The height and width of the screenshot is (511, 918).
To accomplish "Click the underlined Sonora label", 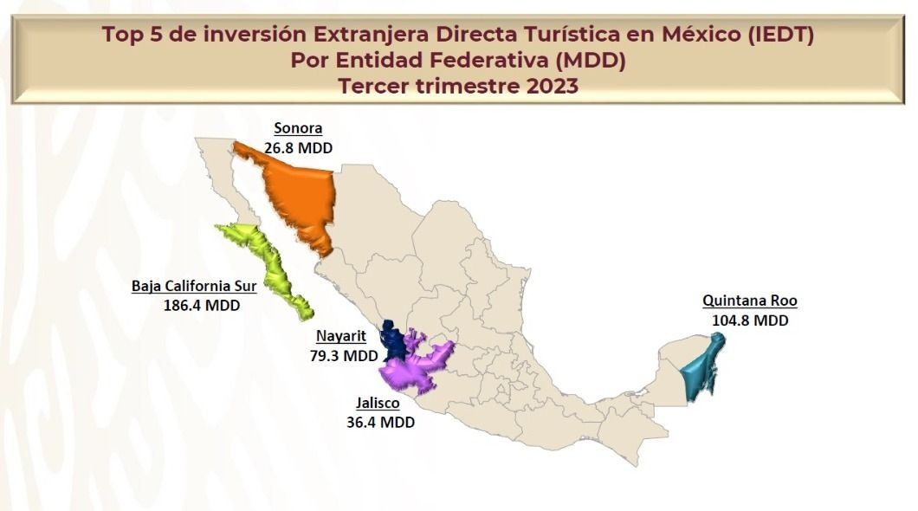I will coord(298,128).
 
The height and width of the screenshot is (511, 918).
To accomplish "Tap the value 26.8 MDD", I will coord(298,148).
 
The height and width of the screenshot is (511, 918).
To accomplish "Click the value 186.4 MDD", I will coord(201,305).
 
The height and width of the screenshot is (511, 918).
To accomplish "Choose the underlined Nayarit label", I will coord(340,336).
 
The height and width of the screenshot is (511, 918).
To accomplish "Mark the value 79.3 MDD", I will coord(344,355).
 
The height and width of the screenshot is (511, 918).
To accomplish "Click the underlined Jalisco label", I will coord(378,403).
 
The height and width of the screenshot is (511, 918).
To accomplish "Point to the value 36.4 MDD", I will coord(380,423).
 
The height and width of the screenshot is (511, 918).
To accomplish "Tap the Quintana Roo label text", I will coord(749,301).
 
